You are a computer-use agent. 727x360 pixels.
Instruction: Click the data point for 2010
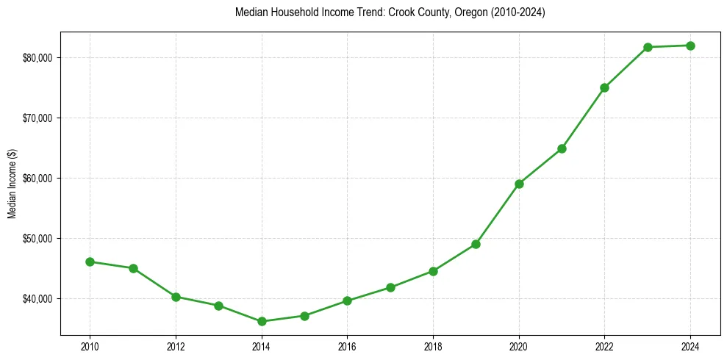90,262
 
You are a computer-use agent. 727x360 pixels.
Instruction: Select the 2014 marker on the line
262,321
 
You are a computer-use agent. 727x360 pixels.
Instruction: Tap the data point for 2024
690,46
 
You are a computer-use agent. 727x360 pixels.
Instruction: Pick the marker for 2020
519,184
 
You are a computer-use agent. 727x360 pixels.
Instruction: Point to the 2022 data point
604,87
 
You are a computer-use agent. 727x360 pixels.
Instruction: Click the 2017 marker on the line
390,287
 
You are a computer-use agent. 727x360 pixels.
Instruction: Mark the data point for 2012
176,297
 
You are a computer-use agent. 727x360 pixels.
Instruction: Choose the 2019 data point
476,244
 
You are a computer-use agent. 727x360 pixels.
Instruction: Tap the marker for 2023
648,47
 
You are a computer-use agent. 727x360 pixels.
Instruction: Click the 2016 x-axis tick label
347,345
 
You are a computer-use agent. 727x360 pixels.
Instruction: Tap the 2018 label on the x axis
433,345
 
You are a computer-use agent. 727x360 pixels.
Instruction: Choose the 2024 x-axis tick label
690,345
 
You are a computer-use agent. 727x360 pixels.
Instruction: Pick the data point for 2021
562,148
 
